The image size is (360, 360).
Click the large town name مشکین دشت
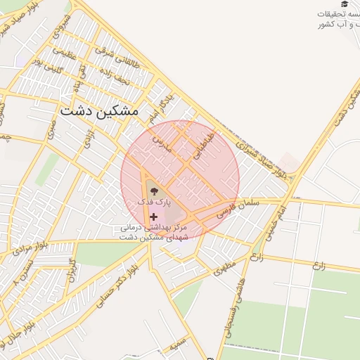click(100, 111)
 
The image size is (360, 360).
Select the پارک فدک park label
click(154, 202)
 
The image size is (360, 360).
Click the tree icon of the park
click(153, 189)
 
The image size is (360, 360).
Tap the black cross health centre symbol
click(153, 217)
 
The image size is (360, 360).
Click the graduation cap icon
click(344, 4)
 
